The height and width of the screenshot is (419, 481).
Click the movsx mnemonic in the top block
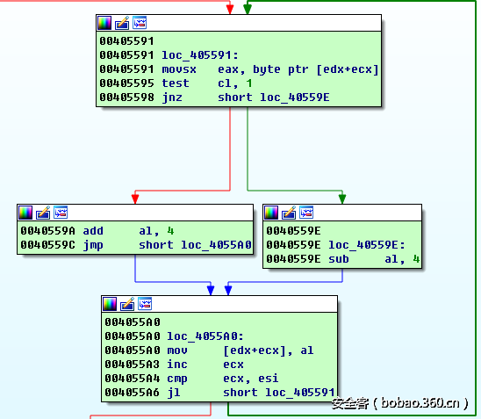tap(179, 69)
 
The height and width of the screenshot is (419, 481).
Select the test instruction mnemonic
tap(176, 83)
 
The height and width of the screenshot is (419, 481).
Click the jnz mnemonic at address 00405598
tap(172, 98)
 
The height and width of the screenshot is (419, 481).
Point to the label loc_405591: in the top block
tap(200, 55)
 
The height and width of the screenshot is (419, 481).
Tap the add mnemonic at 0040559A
tap(93, 231)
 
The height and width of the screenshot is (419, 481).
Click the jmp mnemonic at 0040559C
tap(93, 246)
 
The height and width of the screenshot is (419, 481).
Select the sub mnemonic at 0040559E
tap(339, 259)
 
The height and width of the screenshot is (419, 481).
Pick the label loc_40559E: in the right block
tap(367, 245)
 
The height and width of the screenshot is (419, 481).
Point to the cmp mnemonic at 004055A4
tap(177, 379)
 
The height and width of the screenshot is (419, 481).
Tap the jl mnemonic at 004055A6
tap(174, 393)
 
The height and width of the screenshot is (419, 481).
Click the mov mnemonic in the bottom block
tap(177, 350)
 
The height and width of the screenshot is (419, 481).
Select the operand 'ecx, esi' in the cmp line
tap(251, 379)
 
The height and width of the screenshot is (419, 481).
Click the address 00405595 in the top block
tap(126, 83)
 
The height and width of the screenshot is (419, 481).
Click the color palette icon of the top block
tap(104, 23)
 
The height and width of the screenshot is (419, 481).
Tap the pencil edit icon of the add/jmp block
tap(43, 213)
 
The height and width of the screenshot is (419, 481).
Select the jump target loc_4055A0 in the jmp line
tap(216, 245)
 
